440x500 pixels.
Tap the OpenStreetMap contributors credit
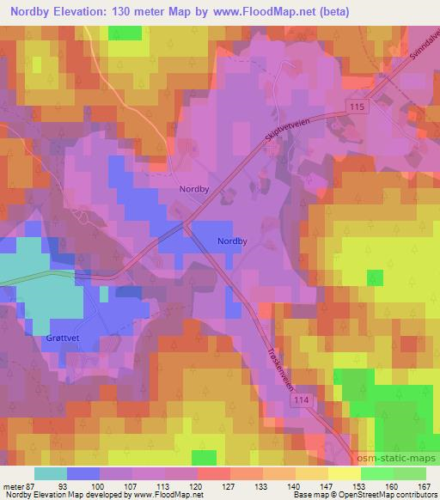(387, 495)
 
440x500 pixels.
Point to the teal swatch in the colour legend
(51, 473)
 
